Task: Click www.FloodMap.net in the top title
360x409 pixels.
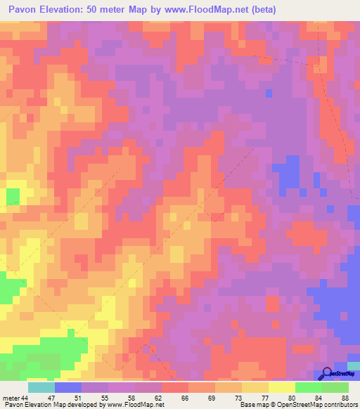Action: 202,10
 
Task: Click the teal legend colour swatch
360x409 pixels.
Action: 41,387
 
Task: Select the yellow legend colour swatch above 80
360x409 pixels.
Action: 282,387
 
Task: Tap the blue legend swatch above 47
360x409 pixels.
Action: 68,387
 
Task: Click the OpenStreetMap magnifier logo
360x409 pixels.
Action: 326,373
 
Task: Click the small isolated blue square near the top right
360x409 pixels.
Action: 269,93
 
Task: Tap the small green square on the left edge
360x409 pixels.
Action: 13,195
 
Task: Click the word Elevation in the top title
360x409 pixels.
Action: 63,10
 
